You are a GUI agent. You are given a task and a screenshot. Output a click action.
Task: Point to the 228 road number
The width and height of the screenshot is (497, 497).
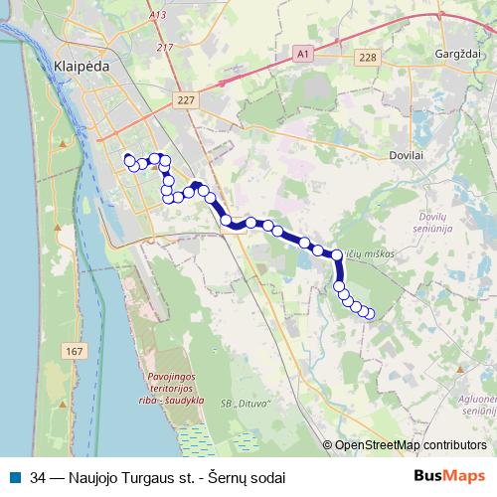point(368,58)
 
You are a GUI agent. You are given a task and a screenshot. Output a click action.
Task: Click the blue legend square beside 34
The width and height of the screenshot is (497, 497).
point(15,477)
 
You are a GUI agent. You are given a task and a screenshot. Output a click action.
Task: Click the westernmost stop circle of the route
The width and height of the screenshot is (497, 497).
point(127,159)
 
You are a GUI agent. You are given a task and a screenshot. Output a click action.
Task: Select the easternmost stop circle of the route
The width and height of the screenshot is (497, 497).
point(370,314)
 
